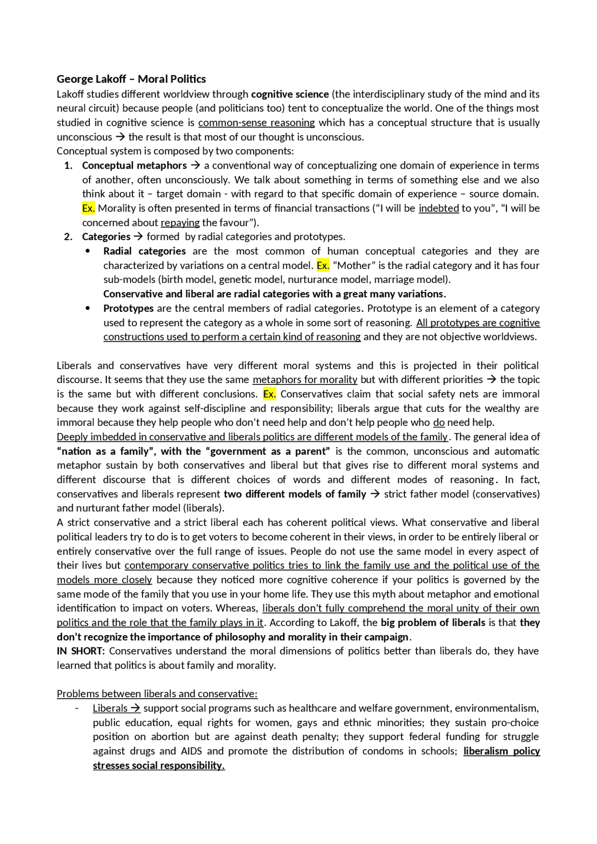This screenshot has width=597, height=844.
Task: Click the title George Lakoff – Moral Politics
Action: tap(131, 79)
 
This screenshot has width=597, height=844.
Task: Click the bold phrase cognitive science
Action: tap(290, 94)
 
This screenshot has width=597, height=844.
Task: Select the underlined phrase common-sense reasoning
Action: tap(257, 123)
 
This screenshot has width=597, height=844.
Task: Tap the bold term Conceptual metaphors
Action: tap(134, 165)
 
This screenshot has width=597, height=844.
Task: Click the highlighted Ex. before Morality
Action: tap(88, 208)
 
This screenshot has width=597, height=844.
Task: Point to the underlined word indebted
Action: tap(438, 208)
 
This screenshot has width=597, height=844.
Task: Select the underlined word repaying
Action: tap(180, 223)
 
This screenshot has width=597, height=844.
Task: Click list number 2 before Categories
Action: tap(68, 237)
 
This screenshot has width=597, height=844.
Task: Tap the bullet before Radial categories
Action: tap(88, 251)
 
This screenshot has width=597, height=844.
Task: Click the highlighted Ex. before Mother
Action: tap(323, 266)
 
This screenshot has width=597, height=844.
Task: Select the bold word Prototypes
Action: tap(128, 309)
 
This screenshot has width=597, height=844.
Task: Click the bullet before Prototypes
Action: tap(88, 309)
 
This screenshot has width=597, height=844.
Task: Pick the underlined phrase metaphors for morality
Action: tap(305, 380)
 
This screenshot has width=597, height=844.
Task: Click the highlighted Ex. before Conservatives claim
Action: tap(269, 394)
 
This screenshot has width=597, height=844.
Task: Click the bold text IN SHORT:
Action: tap(81, 651)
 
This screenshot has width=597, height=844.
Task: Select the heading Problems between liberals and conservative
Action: tap(157, 694)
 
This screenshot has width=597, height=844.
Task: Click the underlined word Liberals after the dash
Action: tap(110, 708)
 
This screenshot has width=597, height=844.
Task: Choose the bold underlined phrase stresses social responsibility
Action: tap(159, 765)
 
